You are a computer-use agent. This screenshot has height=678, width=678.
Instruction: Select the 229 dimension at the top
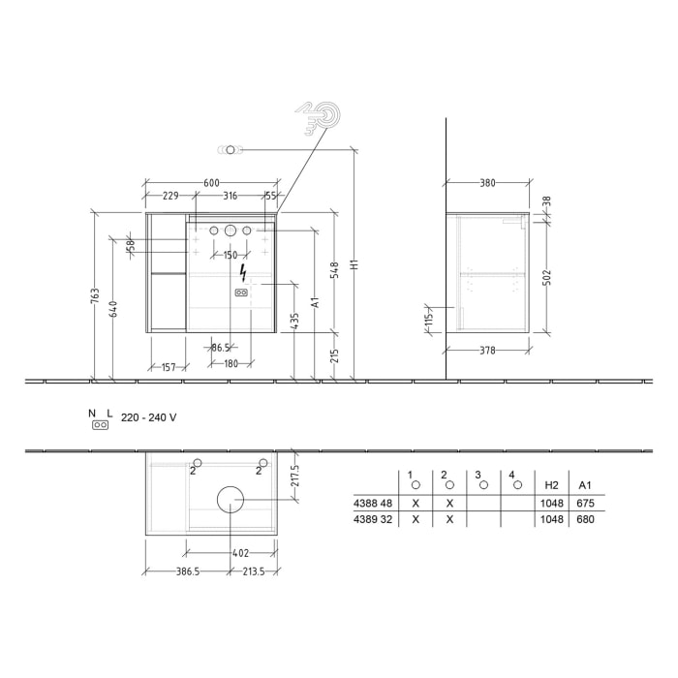tap(170, 197)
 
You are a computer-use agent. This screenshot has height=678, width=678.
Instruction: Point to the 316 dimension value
tap(231, 197)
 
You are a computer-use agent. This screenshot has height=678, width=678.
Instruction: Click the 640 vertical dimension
tap(113, 308)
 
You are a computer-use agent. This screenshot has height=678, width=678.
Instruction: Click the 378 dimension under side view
tap(487, 350)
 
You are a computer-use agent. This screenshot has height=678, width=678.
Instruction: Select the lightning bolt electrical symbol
tap(241, 272)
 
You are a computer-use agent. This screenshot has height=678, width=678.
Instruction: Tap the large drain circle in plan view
tap(231, 499)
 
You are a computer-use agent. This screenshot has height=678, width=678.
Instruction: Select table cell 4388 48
tap(372, 504)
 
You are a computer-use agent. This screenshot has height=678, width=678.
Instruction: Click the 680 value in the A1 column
tap(584, 519)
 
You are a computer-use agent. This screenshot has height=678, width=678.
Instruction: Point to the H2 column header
tap(551, 484)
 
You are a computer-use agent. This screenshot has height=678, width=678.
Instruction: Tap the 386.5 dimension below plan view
tap(186, 572)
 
